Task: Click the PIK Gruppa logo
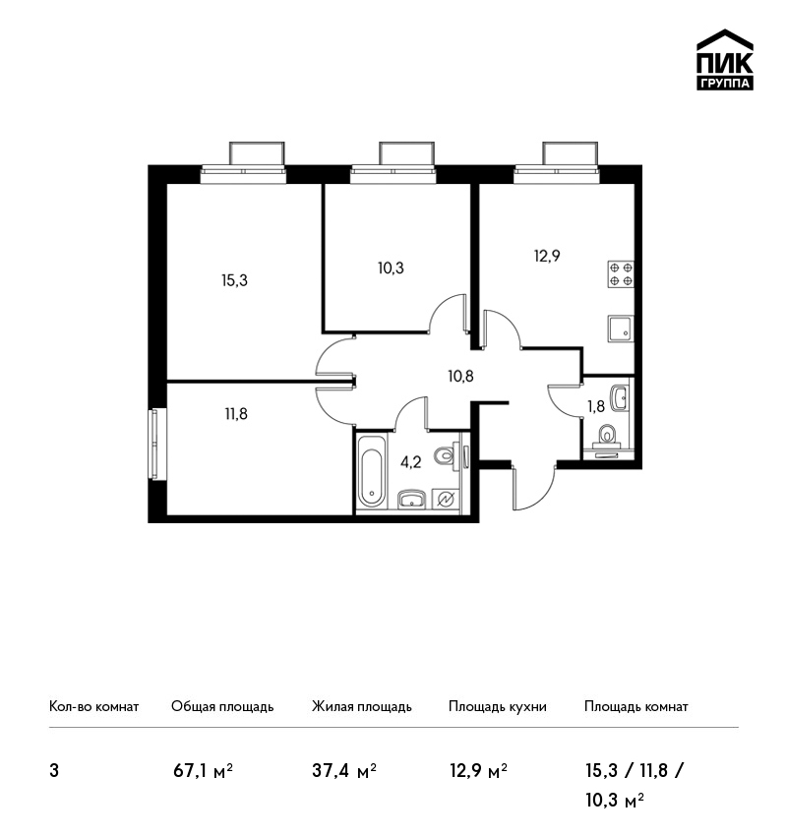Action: [725, 60]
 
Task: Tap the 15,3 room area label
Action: [234, 280]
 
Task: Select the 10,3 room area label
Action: [391, 269]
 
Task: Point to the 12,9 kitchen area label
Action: [547, 257]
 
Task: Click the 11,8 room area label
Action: [236, 414]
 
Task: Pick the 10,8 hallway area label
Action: [460, 377]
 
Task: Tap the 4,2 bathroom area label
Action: [410, 462]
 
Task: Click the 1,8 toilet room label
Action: [596, 407]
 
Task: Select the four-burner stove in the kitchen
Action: [621, 274]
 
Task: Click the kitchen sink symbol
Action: [621, 328]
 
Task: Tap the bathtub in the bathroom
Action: [371, 471]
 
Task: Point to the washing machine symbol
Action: [446, 499]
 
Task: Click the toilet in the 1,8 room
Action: [607, 435]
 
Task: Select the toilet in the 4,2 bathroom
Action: [444, 455]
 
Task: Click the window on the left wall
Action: [155, 445]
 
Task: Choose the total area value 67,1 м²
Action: [203, 771]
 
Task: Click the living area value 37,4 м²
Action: [344, 771]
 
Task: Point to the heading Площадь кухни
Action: [498, 707]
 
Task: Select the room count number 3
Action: [54, 771]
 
